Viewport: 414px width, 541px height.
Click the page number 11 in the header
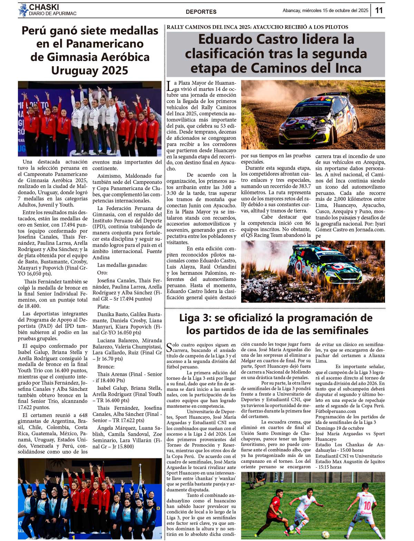pyautogui.click(x=379, y=10)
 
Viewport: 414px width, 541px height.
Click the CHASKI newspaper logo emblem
pyautogui.click(x=23, y=10)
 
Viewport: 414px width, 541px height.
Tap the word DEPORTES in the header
pyautogui.click(x=201, y=12)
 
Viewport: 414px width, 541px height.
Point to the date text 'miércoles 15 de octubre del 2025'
pyautogui.click(x=335, y=11)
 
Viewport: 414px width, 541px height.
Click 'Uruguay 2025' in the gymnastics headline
pyautogui.click(x=90, y=70)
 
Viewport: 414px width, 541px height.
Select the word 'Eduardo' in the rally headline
pyautogui.click(x=224, y=39)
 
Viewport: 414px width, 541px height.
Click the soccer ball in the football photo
pyautogui.click(x=325, y=534)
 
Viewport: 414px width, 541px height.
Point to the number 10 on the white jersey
pyautogui.click(x=367, y=506)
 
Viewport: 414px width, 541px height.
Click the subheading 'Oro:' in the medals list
pyautogui.click(x=103, y=273)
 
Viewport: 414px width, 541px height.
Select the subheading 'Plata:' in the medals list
pyautogui.click(x=103, y=306)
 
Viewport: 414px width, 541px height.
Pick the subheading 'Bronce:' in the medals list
pyautogui.click(x=106, y=367)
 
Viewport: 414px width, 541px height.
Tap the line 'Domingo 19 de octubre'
pyautogui.click(x=339, y=428)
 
